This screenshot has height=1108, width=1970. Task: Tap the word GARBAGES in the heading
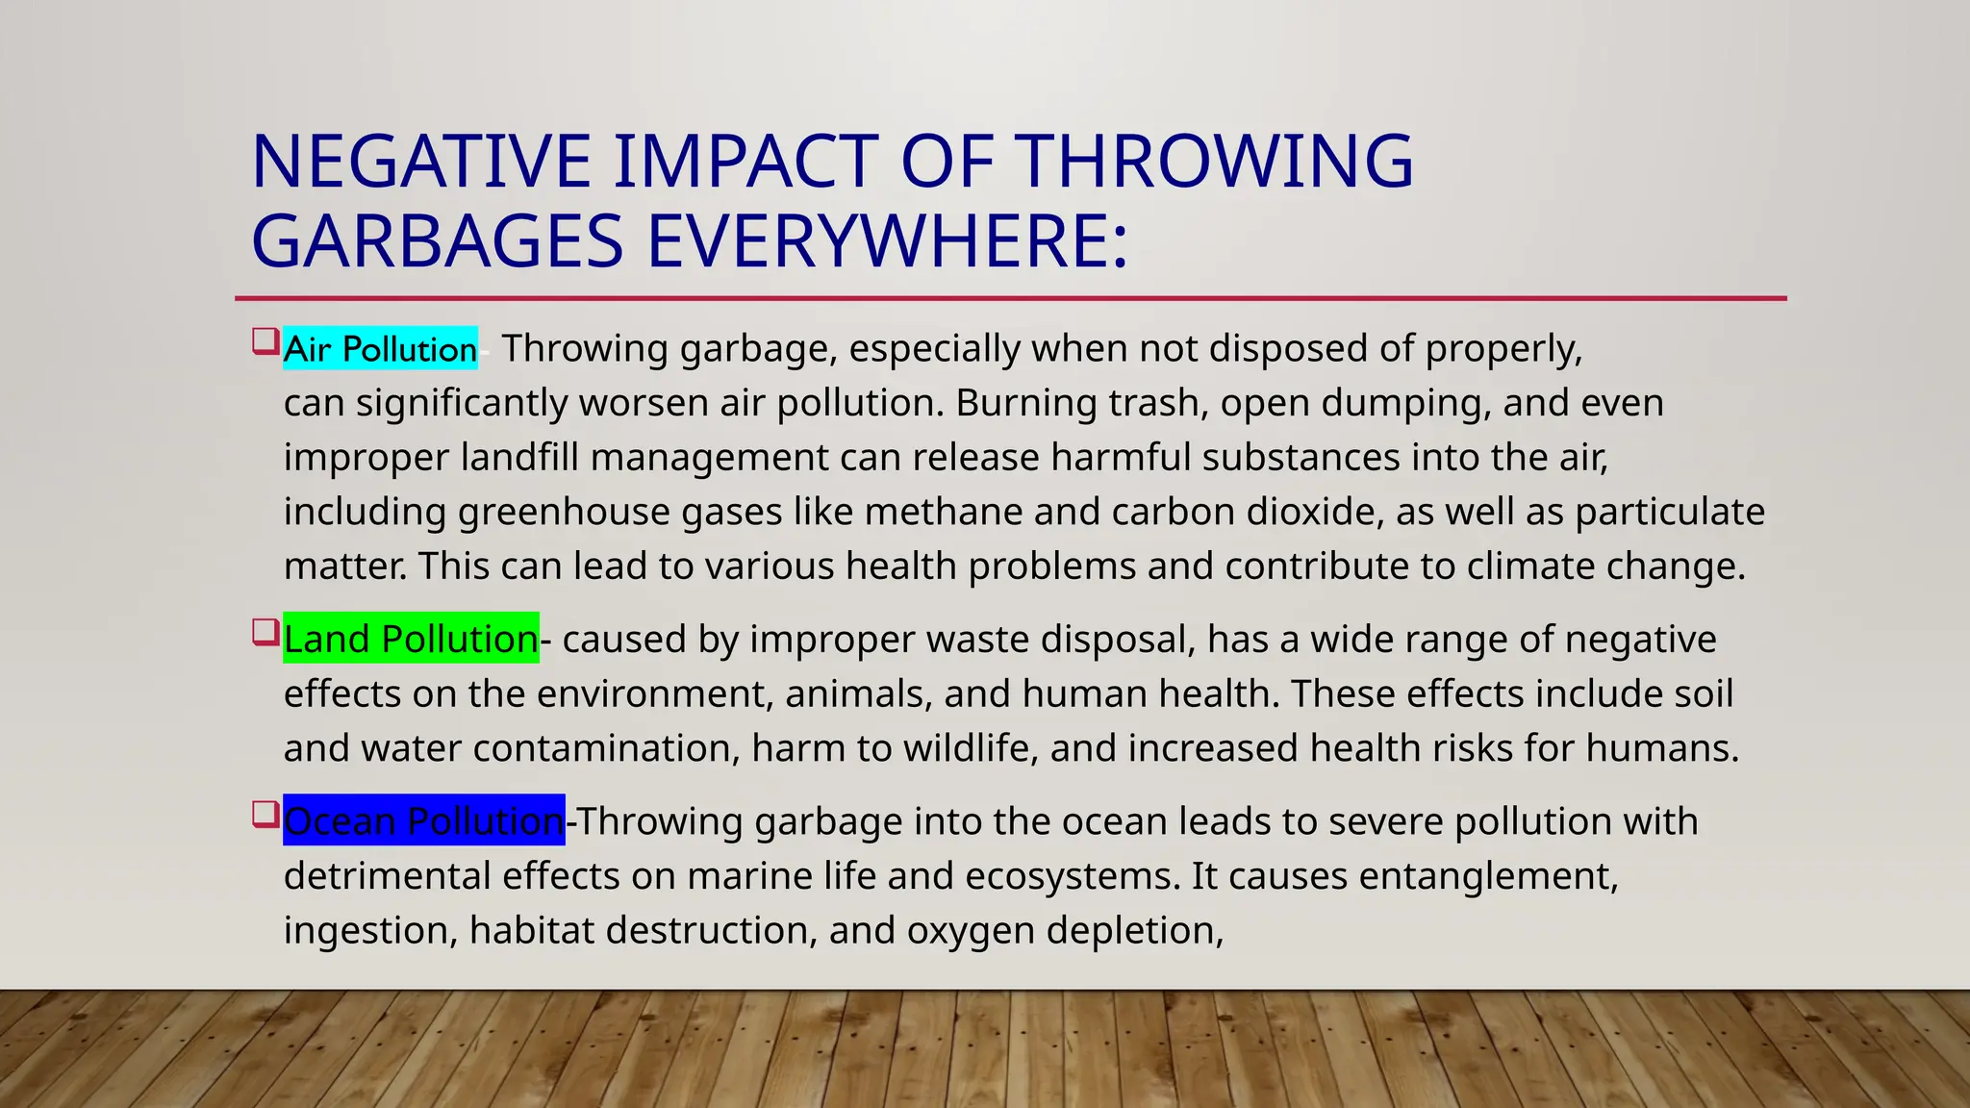(438, 241)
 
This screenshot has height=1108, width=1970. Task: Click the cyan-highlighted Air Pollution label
(380, 348)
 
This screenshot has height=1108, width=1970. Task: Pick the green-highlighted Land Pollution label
(411, 639)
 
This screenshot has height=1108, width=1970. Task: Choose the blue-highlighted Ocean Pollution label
(423, 820)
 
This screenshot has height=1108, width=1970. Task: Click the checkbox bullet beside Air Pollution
(265, 341)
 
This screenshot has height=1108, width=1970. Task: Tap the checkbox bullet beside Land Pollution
(265, 632)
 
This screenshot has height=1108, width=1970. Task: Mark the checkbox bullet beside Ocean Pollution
(265, 814)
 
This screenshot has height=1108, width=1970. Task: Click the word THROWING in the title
(1214, 161)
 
